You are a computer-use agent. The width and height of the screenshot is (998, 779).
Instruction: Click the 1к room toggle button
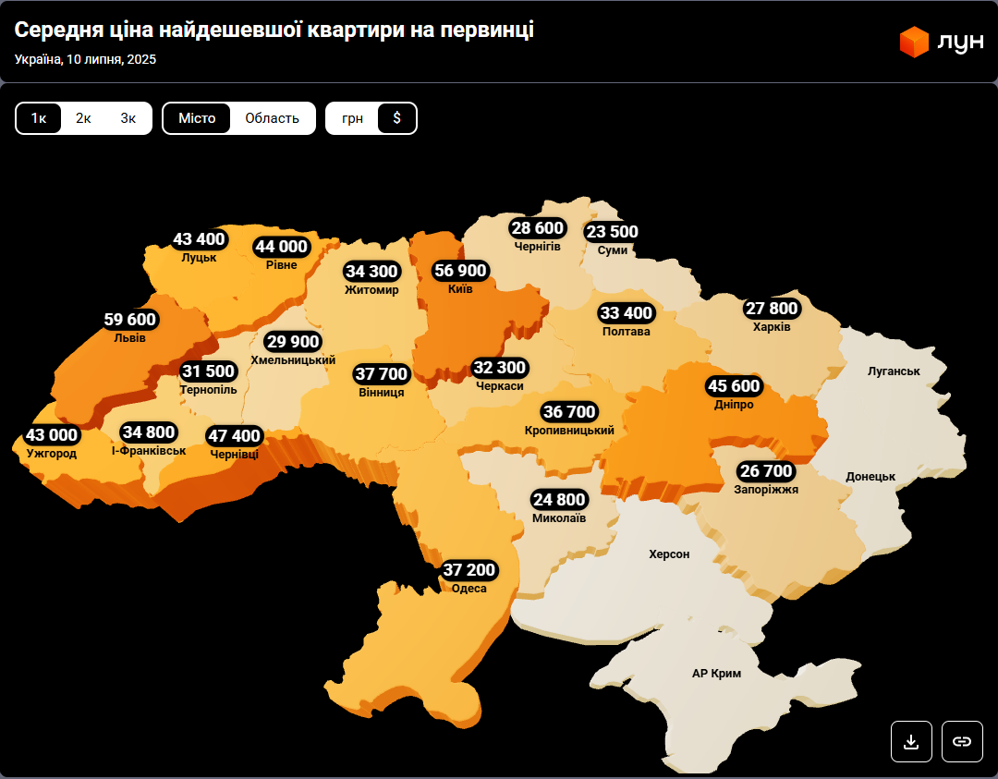tap(39, 118)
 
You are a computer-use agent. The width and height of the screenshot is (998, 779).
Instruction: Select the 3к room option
tap(128, 118)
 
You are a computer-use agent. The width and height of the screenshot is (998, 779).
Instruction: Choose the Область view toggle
tap(272, 118)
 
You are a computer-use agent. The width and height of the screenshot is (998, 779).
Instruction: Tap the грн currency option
tap(352, 118)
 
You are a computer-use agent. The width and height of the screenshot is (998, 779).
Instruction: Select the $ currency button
tap(397, 118)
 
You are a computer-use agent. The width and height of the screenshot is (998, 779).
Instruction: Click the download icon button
tap(911, 741)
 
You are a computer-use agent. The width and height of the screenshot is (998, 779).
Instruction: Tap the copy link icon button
tap(962, 741)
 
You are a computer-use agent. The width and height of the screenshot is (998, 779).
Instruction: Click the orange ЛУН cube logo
tap(914, 43)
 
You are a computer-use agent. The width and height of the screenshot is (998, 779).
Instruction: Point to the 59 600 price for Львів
tap(130, 320)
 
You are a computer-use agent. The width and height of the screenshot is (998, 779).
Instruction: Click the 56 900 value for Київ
tap(460, 271)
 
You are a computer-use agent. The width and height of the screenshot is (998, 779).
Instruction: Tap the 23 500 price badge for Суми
tap(612, 232)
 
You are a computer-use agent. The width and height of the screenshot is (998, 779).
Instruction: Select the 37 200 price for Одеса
tap(469, 570)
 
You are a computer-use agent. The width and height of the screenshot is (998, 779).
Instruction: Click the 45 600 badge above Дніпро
tap(734, 386)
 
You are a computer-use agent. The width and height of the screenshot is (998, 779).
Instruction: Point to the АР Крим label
tap(716, 674)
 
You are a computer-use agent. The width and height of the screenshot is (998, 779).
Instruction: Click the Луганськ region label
tap(894, 371)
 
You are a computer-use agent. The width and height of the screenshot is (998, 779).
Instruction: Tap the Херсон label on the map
tap(669, 554)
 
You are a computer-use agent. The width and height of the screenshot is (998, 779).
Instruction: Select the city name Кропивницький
tap(569, 431)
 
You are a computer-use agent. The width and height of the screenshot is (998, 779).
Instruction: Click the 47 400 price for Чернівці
tap(235, 436)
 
